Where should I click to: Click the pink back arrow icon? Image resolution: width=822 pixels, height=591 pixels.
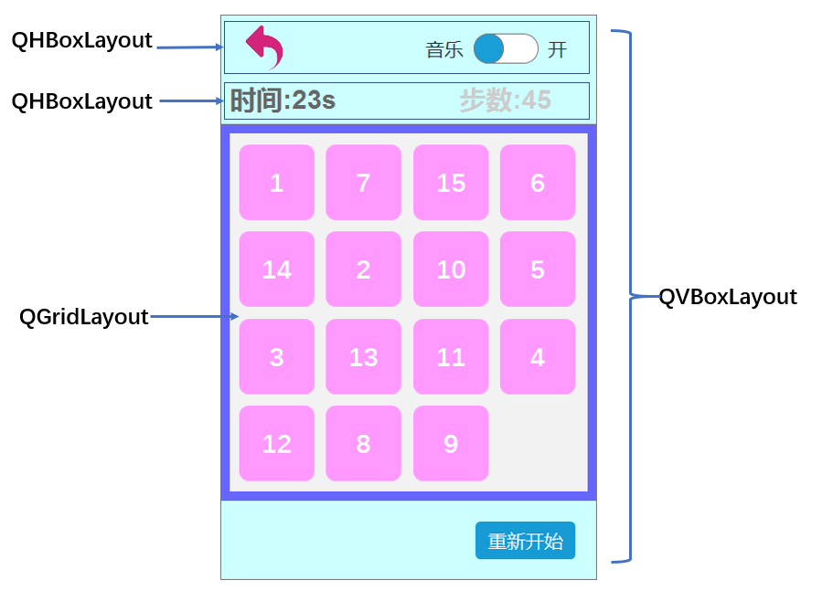(264, 47)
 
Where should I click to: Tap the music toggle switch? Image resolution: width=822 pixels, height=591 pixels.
(506, 48)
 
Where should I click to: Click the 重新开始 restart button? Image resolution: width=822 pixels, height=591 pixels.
(525, 541)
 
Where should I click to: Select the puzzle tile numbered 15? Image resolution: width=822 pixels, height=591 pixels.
(451, 183)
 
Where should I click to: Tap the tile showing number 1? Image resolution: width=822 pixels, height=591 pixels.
(276, 183)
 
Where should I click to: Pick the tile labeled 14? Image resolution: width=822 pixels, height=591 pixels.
(276, 269)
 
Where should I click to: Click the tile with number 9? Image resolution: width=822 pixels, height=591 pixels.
(451, 444)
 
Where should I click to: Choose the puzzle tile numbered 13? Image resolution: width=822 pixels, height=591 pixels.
(363, 357)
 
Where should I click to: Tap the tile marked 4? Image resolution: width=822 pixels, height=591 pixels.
(538, 357)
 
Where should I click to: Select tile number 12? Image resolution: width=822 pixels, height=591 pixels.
(276, 444)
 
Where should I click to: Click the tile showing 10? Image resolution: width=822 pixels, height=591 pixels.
(451, 269)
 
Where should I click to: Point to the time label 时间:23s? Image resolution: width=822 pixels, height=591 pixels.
(283, 100)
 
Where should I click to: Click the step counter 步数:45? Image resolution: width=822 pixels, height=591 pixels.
(505, 100)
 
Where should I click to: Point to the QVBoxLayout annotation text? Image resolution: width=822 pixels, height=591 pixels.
(728, 297)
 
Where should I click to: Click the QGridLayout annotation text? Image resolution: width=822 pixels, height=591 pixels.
(83, 317)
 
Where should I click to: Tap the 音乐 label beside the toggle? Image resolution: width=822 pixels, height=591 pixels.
(444, 50)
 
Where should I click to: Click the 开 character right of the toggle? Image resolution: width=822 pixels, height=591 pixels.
(557, 50)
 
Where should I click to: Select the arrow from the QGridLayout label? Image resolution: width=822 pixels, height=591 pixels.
(194, 317)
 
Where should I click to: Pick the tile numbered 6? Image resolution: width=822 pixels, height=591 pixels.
(538, 183)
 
